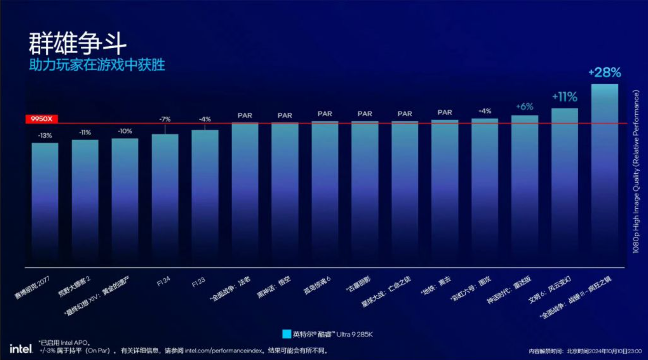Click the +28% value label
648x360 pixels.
[x=605, y=73]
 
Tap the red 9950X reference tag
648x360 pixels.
[x=42, y=119]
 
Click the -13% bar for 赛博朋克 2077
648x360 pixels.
[x=45, y=198]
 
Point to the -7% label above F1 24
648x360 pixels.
[x=165, y=119]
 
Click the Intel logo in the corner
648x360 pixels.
[x=21, y=349]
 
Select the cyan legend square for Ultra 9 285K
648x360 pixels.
[x=286, y=334]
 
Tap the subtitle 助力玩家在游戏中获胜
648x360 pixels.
[x=97, y=65]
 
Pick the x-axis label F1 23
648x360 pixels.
[x=198, y=282]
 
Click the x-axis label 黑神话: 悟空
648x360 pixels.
[x=274, y=287]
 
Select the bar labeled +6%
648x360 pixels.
[x=525, y=186]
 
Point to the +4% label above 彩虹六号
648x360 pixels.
[x=485, y=111]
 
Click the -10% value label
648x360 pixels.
[x=125, y=131]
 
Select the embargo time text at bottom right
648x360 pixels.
[x=585, y=351]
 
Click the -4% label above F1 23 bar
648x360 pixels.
[x=205, y=119]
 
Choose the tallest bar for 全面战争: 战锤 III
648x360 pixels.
[x=605, y=169]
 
